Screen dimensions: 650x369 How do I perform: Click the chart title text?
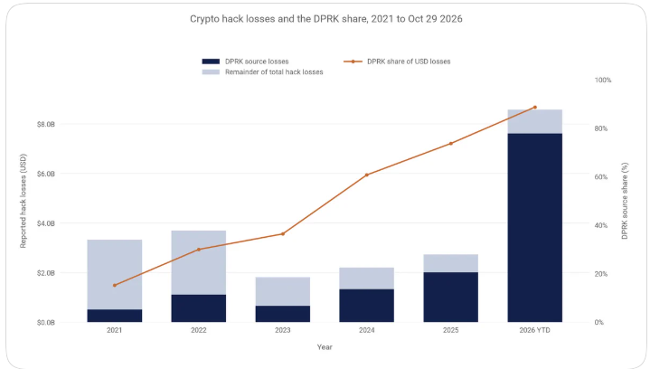325,19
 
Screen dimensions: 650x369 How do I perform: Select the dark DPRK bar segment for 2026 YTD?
535,228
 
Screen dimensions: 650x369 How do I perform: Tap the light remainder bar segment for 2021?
115,274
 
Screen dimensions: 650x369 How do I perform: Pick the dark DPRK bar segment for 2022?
199,308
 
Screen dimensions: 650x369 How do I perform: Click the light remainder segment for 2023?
283,291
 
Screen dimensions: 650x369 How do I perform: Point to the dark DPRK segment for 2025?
450,298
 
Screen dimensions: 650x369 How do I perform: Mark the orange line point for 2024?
367,175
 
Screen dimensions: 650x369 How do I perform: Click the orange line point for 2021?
115,285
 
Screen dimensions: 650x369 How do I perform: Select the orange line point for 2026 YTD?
535,108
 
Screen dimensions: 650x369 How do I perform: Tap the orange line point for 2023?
283,234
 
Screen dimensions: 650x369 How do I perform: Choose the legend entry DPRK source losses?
245,61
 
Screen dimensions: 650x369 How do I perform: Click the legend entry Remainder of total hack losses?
262,72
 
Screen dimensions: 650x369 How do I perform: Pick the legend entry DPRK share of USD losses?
397,61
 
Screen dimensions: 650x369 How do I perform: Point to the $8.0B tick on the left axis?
45,125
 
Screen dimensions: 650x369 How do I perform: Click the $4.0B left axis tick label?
45,223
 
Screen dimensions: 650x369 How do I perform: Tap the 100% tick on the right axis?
603,80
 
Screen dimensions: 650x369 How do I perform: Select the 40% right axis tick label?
600,225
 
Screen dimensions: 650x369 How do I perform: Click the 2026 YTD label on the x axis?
535,330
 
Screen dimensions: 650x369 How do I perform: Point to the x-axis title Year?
325,347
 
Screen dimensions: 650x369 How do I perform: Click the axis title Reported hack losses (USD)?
24,201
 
